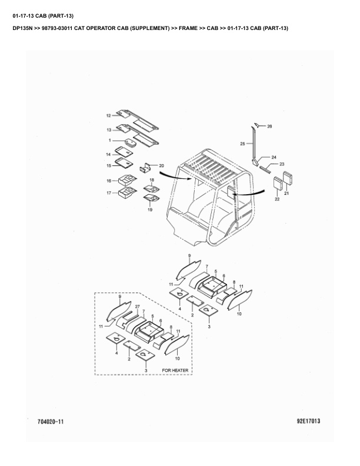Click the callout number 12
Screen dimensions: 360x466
108,115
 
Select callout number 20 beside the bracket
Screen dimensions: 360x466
161,166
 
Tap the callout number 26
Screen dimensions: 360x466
269,127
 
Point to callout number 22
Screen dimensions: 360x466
277,199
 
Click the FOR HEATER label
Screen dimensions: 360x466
175,370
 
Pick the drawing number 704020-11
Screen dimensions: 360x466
51,421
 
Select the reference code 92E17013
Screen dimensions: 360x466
308,421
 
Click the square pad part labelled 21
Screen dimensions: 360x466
288,178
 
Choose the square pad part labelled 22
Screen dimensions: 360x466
278,183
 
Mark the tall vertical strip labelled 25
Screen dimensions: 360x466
254,142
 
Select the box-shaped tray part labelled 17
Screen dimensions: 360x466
128,192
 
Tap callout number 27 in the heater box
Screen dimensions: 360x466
137,307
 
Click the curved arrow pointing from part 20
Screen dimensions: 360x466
175,177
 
